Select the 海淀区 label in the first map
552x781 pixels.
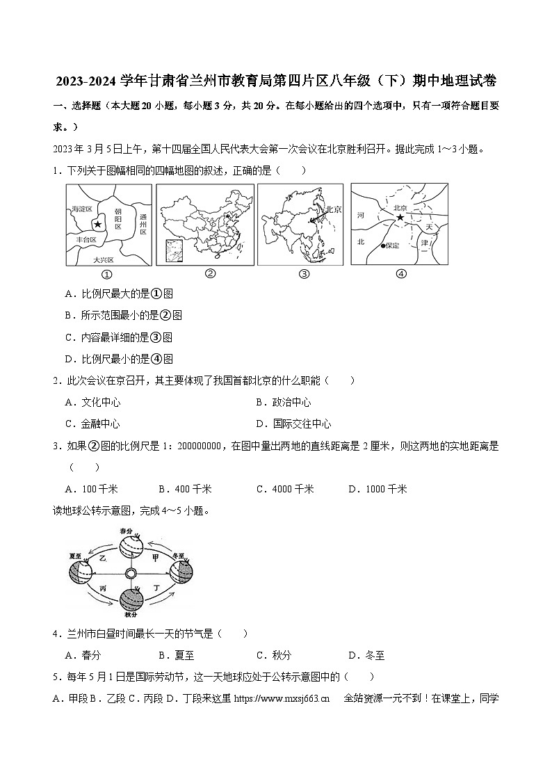coord(81,209)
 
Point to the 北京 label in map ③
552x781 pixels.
coord(333,208)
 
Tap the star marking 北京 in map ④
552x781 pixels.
coord(400,218)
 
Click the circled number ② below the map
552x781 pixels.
coord(209,273)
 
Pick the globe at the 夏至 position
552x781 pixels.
coord(80,572)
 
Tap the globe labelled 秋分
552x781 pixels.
coord(131,599)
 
